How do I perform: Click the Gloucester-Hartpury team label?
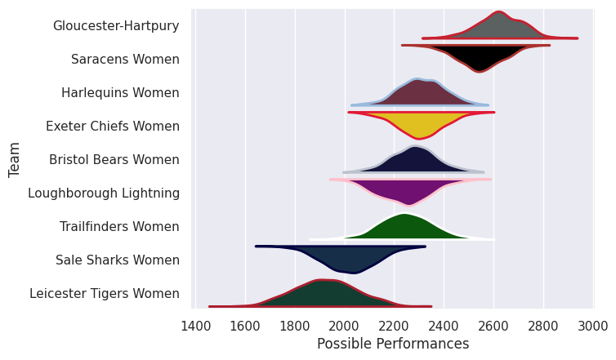116,26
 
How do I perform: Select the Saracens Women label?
125,60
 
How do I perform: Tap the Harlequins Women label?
120,93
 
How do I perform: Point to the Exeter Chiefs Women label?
113,127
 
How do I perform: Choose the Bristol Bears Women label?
114,160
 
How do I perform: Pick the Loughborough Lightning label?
104,193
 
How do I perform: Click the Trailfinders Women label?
119,227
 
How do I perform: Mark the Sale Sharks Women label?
118,260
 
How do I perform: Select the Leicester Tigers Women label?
105,294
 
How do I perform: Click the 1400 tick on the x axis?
195,327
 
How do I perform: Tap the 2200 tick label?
394,327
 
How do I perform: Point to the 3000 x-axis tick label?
593,327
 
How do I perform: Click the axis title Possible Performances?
393,344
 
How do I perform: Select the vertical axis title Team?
15,160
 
